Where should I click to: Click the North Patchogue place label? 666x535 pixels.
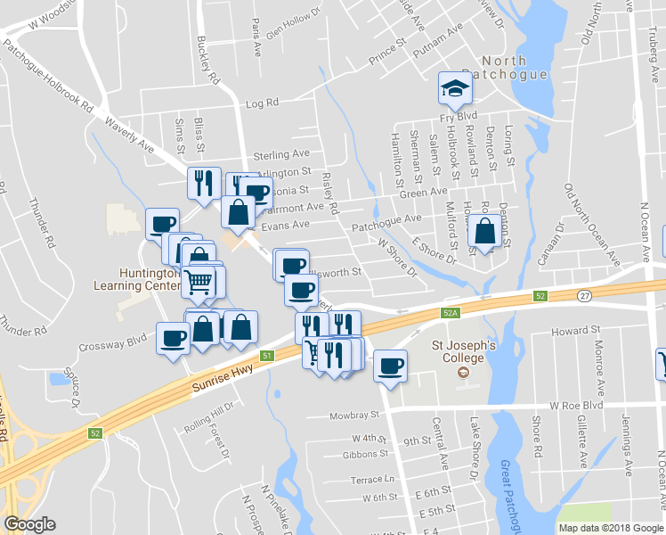click(514, 68)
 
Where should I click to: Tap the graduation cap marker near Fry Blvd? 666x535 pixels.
click(454, 89)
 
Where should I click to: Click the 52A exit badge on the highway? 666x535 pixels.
click(450, 313)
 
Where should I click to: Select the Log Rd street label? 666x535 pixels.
click(263, 104)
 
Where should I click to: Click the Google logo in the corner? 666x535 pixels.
click(29, 524)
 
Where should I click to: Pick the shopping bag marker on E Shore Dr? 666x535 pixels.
click(483, 233)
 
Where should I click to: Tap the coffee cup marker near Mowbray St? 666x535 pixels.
click(389, 365)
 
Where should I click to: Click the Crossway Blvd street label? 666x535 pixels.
click(111, 340)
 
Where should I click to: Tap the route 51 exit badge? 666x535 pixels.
click(266, 356)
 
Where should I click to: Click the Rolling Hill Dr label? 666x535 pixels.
click(207, 416)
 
